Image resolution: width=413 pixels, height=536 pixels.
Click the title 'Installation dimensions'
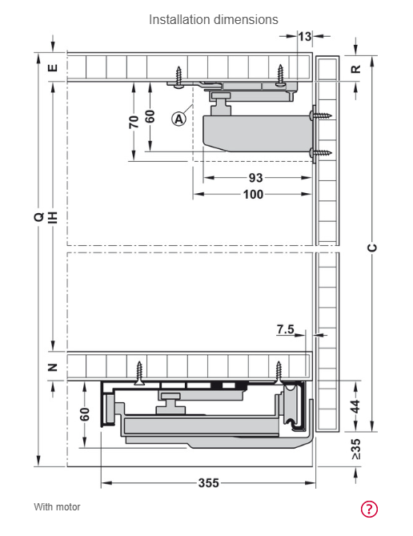pos(213,19)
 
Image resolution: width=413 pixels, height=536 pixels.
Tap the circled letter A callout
pos(178,119)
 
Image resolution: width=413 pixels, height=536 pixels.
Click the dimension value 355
pos(208,482)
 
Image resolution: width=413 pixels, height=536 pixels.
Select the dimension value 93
pos(255,178)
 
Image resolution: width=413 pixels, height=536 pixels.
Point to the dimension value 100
pos(253,194)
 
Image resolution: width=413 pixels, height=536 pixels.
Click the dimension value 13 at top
pos(305,36)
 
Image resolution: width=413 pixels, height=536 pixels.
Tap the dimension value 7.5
pos(286,329)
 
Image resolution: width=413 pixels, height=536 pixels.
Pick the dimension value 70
pos(134,122)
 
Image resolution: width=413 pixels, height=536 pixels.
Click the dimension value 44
pos(355,406)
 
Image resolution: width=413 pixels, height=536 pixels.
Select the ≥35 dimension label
pos(355,449)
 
